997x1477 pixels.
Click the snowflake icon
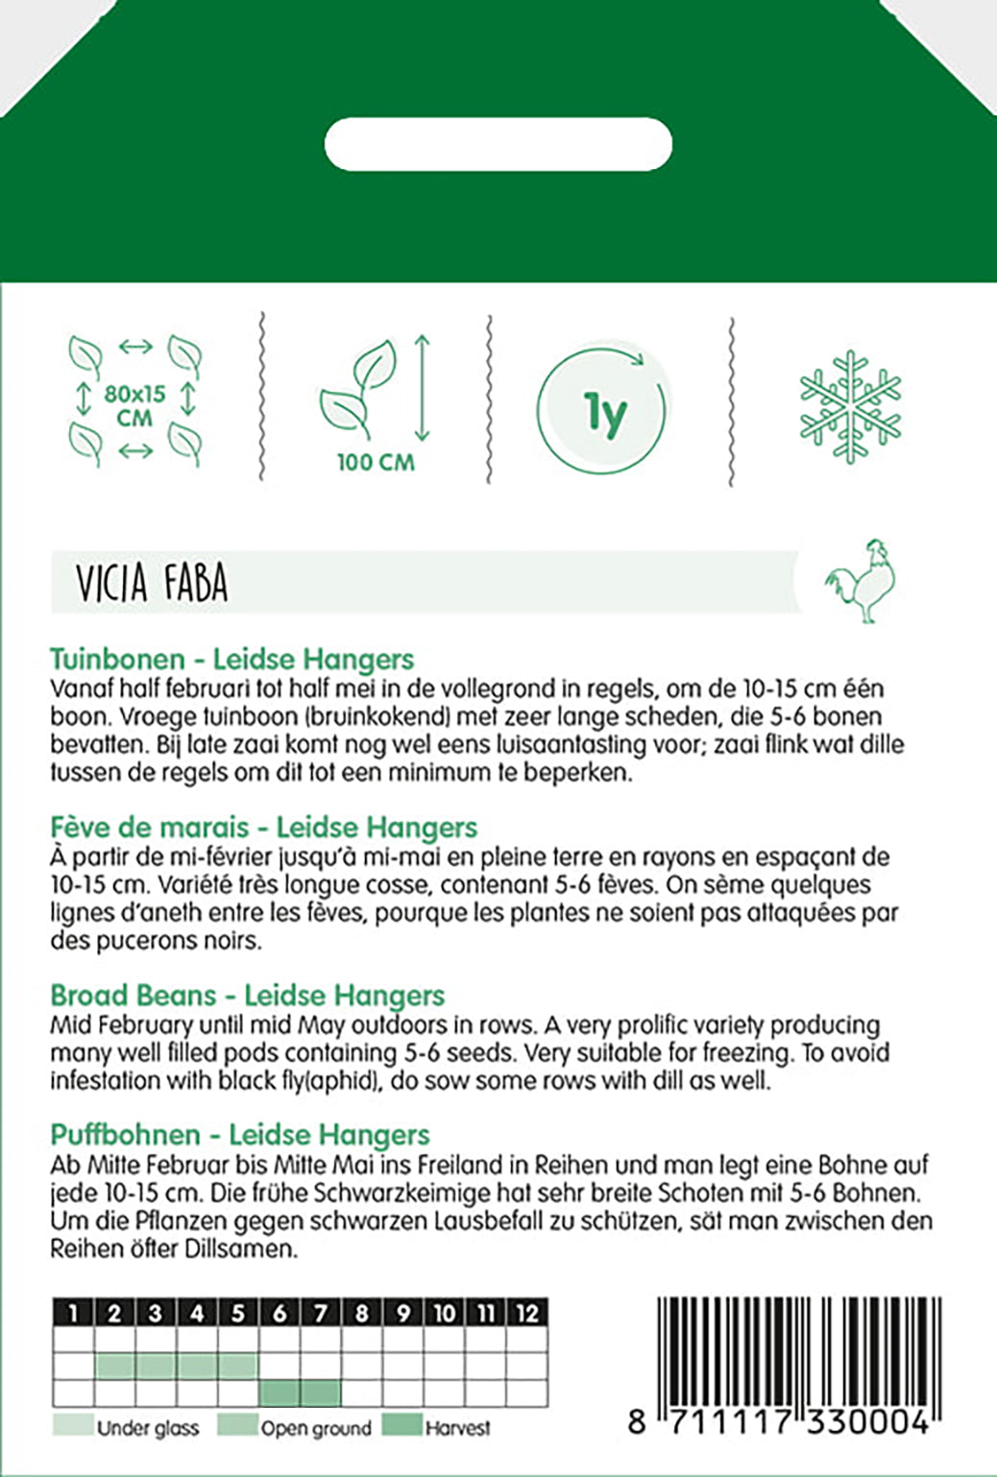850,405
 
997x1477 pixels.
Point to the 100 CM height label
376,462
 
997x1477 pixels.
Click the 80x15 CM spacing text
134,405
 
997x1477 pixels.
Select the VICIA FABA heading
152,583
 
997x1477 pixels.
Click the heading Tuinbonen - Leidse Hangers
231,659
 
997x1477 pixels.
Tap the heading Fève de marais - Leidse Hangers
263,827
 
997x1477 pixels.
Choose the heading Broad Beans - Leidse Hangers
247,995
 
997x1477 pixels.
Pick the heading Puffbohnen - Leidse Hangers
240,1134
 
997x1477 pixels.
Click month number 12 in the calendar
526,1313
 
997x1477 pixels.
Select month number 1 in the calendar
74,1313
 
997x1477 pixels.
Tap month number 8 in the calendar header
361,1313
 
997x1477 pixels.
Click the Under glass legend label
147,1428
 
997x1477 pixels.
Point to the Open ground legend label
315,1428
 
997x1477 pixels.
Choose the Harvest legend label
457,1428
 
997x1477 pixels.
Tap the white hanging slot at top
498,144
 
